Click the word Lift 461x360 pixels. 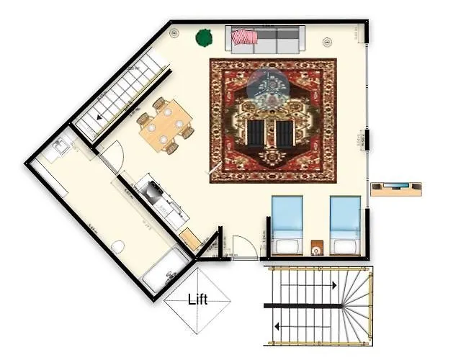point(197,300)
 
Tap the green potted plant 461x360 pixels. point(204,36)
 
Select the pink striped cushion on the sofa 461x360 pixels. point(246,37)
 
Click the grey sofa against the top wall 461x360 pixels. point(265,39)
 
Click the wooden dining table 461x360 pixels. point(165,126)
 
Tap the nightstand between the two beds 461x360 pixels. point(317,248)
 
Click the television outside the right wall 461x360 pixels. point(395,189)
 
